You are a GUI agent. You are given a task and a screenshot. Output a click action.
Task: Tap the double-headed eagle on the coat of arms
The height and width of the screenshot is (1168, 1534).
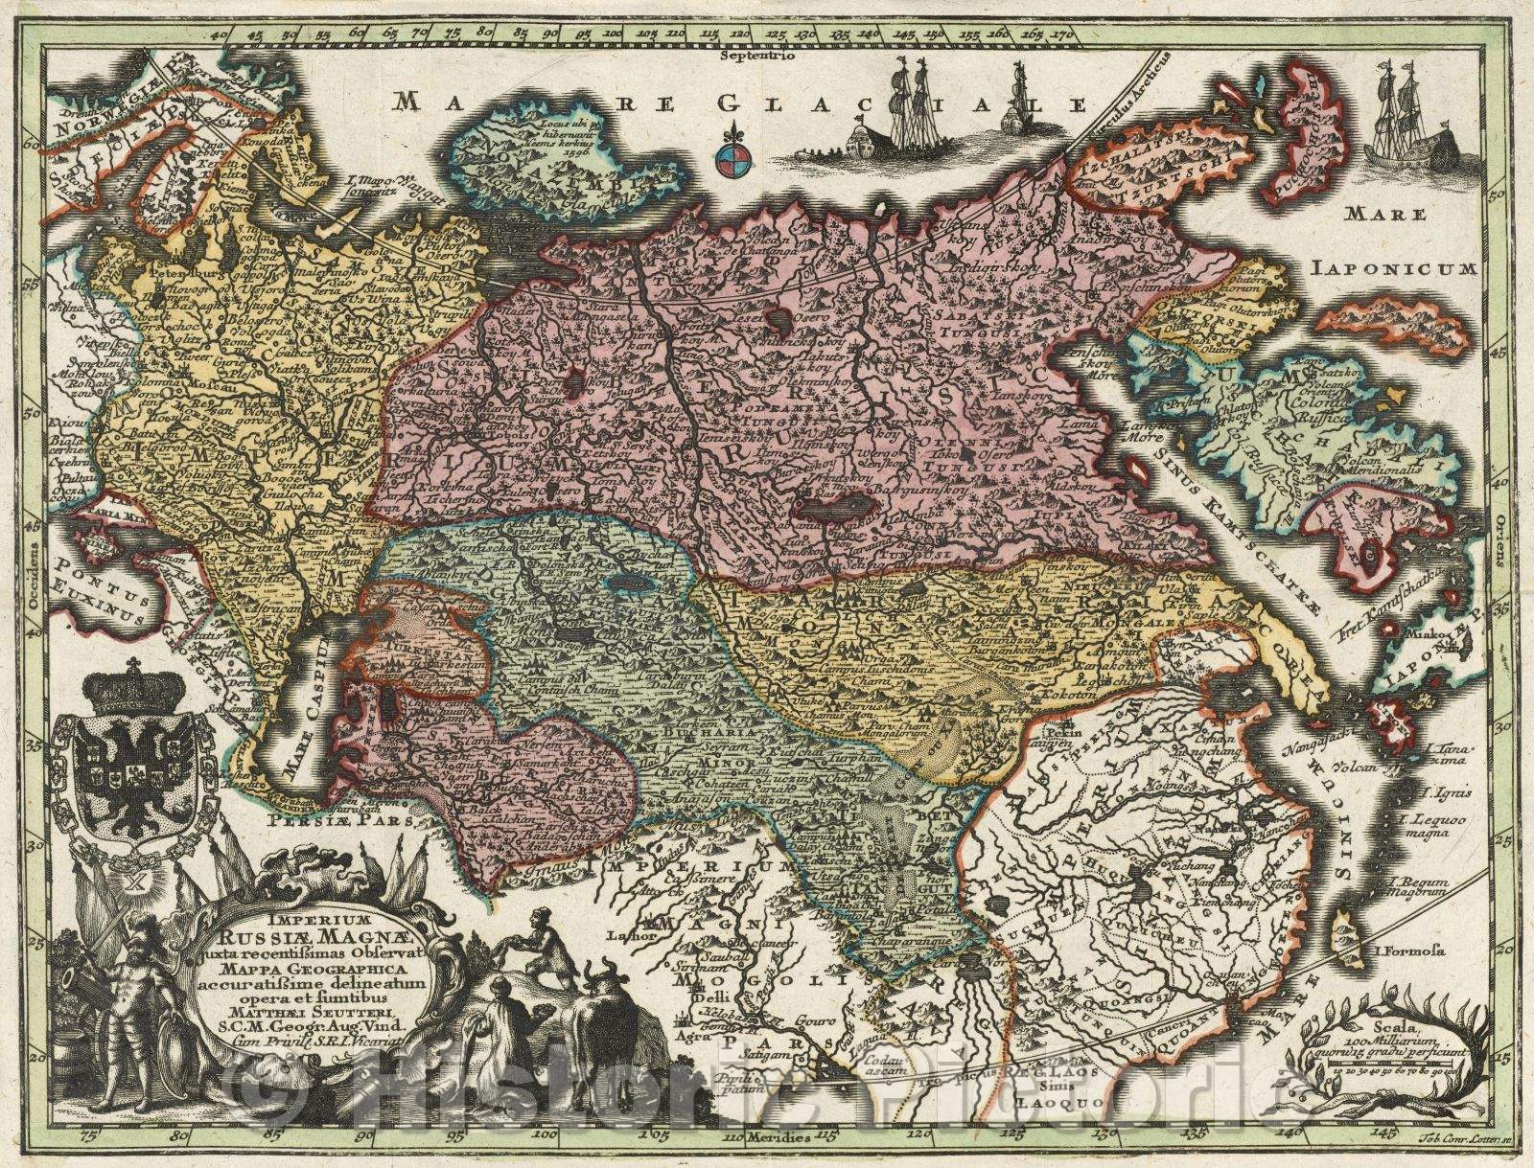pos(134,762)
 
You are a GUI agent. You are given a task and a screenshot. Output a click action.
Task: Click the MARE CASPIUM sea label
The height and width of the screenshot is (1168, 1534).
pos(309,704)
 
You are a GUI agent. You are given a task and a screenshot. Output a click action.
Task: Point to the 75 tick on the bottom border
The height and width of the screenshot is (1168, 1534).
pos(92,1137)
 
